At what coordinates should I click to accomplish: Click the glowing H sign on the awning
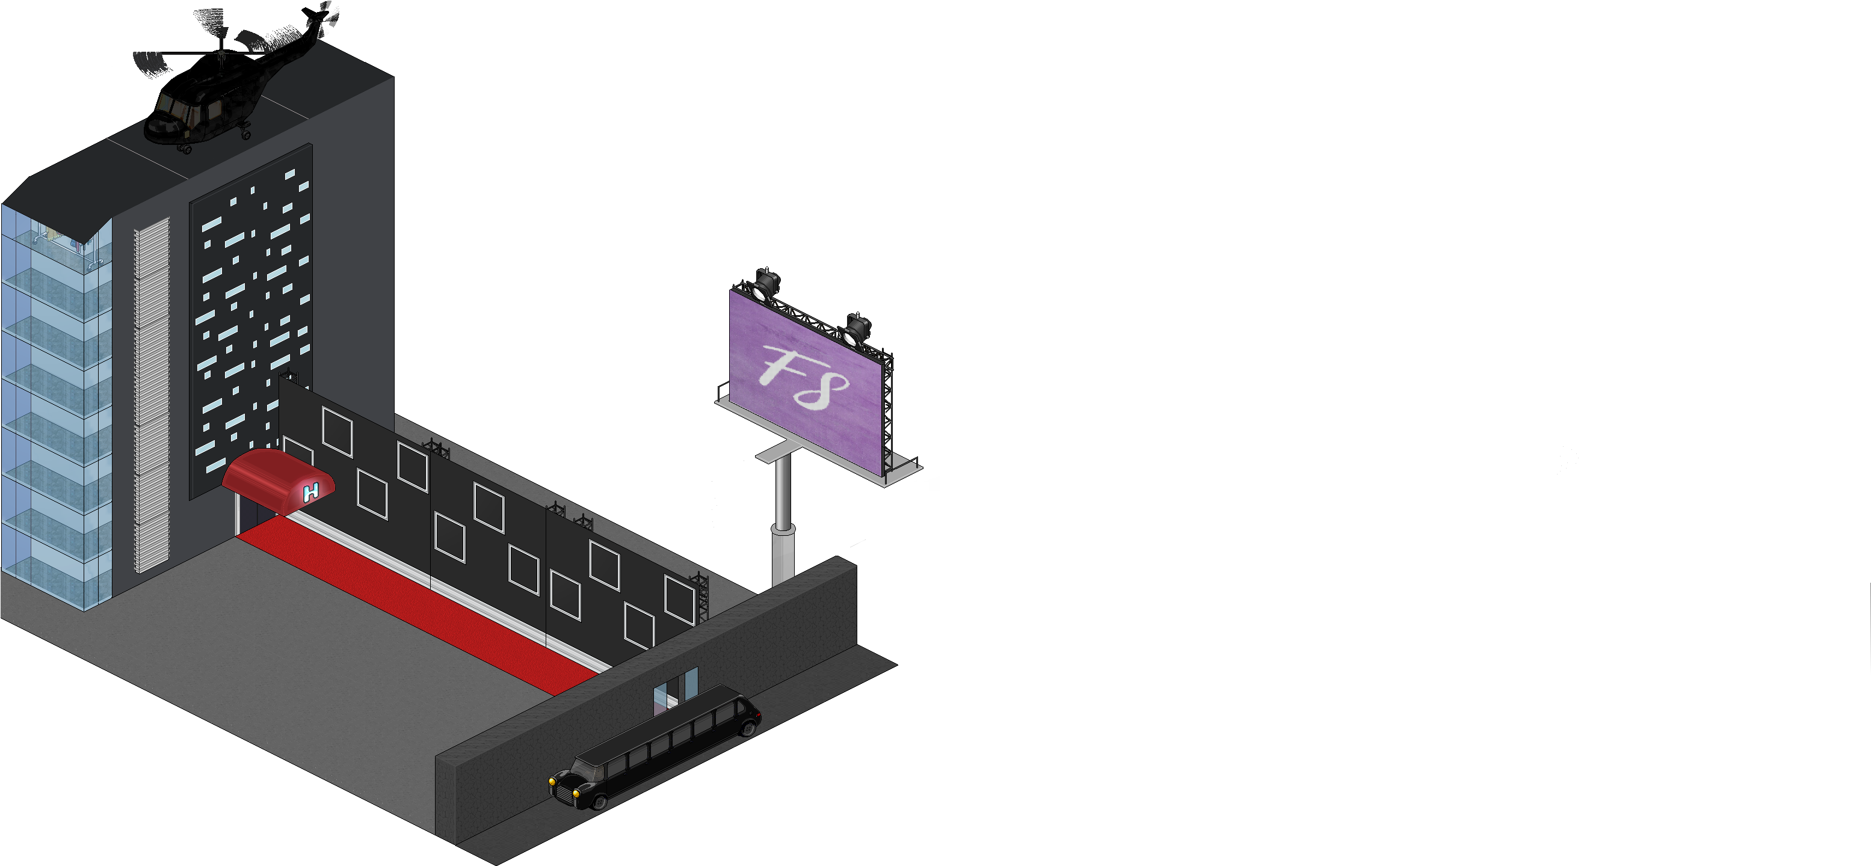tap(311, 492)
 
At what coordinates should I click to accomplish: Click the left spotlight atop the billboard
tap(764, 284)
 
